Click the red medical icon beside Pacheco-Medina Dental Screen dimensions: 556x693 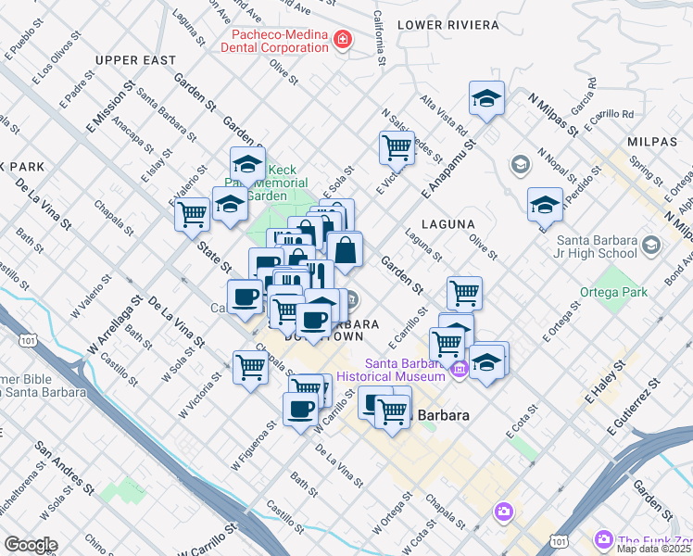[x=343, y=39]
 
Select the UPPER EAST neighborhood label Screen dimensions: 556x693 [x=135, y=60]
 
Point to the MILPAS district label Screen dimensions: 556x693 [x=652, y=141]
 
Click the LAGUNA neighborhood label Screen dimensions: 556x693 [x=448, y=224]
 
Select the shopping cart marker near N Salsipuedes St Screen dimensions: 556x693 [x=397, y=146]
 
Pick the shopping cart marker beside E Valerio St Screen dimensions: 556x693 [x=192, y=213]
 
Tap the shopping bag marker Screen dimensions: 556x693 [x=345, y=250]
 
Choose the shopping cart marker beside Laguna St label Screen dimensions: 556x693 [x=464, y=293]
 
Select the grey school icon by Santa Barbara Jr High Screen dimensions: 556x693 [x=650, y=245]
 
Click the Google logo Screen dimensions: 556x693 [x=31, y=544]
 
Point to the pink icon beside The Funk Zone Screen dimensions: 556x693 [x=604, y=538]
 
